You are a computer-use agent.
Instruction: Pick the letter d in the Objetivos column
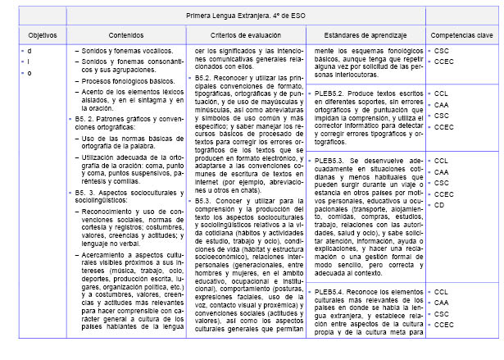tap(30, 51)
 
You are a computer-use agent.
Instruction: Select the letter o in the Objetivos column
tap(30, 74)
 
